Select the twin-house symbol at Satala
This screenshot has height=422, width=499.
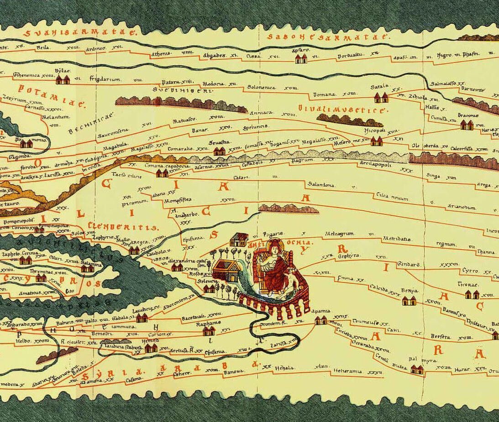coord(381,97)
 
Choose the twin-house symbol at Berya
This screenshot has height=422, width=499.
coord(409,301)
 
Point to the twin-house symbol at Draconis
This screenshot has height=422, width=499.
coord(467,125)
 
